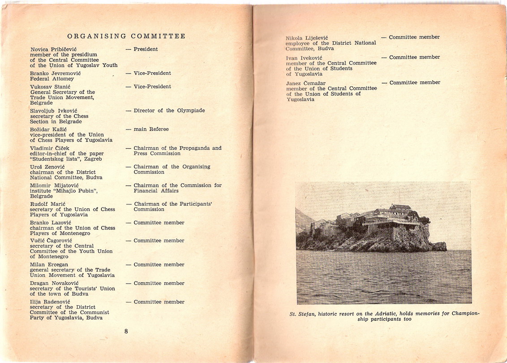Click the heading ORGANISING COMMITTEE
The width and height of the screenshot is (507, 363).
(126, 36)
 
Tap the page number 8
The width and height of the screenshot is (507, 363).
(126, 331)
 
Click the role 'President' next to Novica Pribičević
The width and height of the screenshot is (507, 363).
(146, 49)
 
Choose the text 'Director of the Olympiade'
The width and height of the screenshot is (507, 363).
(169, 111)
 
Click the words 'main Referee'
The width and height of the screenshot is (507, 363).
(151, 130)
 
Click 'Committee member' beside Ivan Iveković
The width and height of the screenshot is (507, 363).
(414, 57)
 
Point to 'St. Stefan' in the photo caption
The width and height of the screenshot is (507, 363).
(302, 314)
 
